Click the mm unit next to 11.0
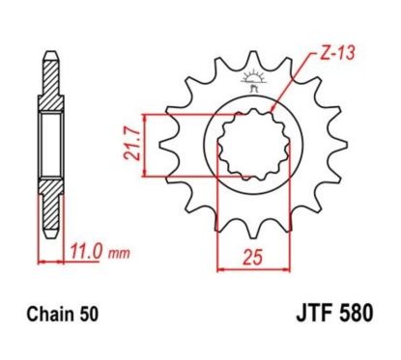click(116, 258)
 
